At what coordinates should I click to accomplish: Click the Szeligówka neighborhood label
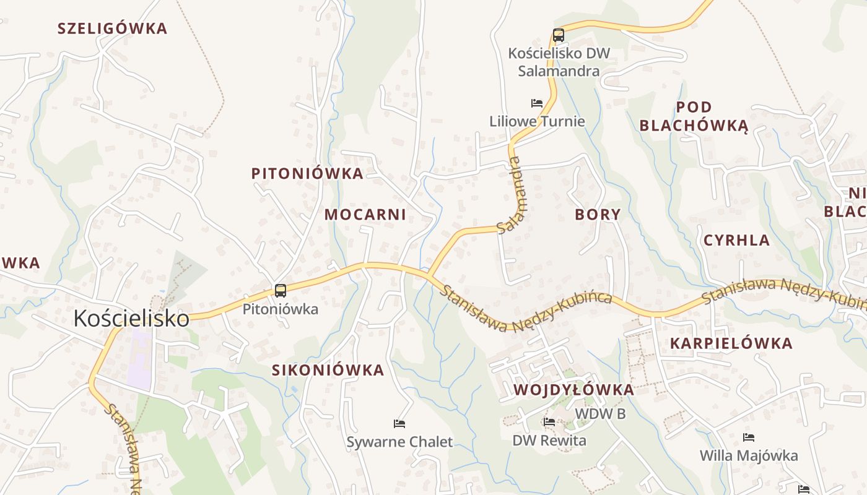click(112, 28)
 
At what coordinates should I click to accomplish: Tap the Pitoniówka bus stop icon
click(281, 290)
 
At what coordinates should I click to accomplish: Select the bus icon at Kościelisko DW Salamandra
click(558, 35)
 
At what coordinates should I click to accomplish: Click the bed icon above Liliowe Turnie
click(537, 103)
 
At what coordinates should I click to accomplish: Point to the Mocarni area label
click(365, 215)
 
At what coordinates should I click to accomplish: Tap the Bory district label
click(598, 215)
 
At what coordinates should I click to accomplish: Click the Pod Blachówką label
click(694, 116)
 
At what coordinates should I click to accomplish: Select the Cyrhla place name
click(736, 241)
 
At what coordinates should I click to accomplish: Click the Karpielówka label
click(731, 343)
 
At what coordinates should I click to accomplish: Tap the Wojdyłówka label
click(573, 390)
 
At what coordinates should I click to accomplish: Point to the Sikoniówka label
click(328, 371)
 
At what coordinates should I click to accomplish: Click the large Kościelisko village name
click(131, 318)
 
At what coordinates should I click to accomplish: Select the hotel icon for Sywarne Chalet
click(399, 424)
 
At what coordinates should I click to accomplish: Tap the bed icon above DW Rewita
click(549, 422)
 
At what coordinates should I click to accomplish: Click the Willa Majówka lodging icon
click(749, 437)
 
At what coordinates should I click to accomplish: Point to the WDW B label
click(600, 414)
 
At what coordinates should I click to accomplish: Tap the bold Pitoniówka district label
click(307, 174)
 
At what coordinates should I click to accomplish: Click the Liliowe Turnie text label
click(537, 121)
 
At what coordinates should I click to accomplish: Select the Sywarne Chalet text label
click(399, 442)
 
